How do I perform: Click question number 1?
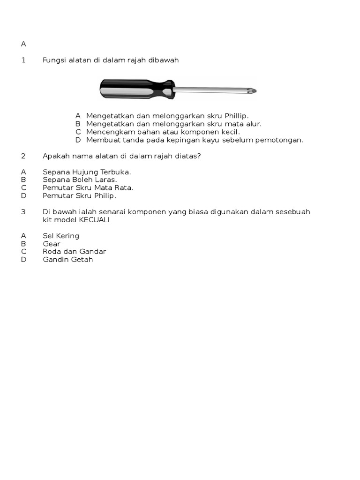[23, 60]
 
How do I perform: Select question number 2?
[23, 156]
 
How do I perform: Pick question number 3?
[23, 211]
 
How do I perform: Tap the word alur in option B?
[252, 124]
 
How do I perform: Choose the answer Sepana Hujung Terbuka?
[87, 172]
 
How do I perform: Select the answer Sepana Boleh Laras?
[80, 180]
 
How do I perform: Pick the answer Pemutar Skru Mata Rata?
[88, 187]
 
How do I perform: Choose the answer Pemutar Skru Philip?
[79, 195]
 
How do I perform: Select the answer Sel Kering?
[61, 236]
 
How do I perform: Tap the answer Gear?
[52, 244]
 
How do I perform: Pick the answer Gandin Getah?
[68, 260]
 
